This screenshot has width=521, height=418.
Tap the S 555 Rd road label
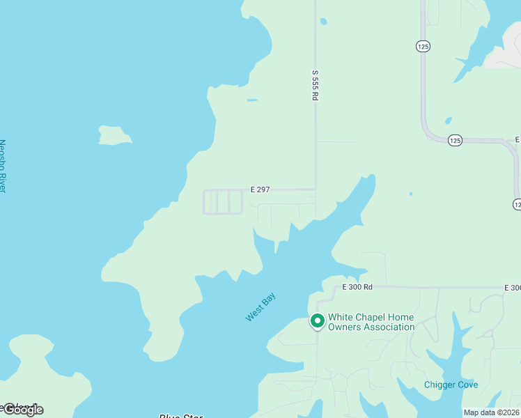point(315,85)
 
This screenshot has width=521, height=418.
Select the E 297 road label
point(260,189)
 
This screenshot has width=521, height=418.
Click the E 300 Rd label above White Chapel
point(357,287)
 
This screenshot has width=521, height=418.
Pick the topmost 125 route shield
point(423,46)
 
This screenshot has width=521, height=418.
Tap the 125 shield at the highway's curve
point(455,141)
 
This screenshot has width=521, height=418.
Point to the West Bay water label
point(260,307)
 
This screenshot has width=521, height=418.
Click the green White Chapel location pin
point(317,321)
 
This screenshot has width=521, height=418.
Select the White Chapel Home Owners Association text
point(371,322)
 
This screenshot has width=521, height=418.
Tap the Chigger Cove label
point(451,385)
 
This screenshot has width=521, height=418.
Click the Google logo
point(23,410)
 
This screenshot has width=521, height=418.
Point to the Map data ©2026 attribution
point(492,412)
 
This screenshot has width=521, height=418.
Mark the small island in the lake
point(114,135)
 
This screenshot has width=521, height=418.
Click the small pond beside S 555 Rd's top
point(323,22)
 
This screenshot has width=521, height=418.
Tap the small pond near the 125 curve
point(448,120)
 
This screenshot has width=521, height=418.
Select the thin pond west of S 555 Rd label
point(252,100)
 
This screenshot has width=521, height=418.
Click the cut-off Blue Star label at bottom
point(180,416)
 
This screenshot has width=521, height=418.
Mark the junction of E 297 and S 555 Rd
point(316,189)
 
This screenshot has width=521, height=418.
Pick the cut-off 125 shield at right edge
point(517,204)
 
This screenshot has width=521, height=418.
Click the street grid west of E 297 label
point(223,202)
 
